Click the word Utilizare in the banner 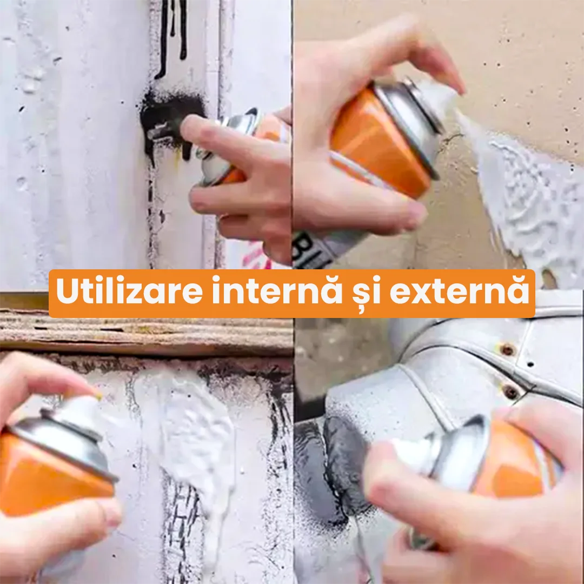pyautogui.click(x=129, y=290)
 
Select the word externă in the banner pyautogui.click(x=459, y=291)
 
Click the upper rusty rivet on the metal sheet pyautogui.click(x=507, y=349)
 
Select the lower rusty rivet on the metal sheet pyautogui.click(x=510, y=391)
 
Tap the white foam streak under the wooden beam pyautogui.click(x=194, y=440)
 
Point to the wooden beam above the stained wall pyautogui.click(x=146, y=332)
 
